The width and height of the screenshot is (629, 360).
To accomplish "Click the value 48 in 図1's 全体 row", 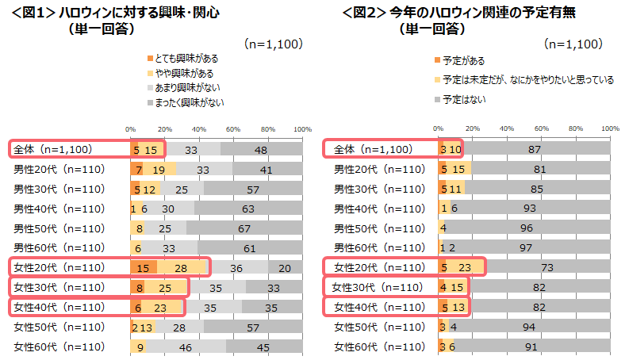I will tap(260, 149).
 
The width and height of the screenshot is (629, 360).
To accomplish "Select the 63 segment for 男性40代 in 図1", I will tap(247, 209).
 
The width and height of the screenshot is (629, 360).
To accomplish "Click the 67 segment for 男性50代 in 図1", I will tap(244, 228).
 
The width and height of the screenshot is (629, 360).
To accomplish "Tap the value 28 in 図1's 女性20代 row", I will tap(181, 267).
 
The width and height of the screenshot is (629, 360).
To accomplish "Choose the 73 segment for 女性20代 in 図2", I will tap(547, 267).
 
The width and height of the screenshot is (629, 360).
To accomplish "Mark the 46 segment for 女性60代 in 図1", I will tap(186, 346).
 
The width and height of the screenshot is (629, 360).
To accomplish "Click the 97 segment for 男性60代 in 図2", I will tap(525, 247).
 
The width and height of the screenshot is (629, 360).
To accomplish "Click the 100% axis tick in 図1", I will tap(302, 128).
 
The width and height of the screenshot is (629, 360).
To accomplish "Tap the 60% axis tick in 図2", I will tap(541, 128).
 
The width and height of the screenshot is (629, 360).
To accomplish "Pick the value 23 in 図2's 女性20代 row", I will tap(466, 267).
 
